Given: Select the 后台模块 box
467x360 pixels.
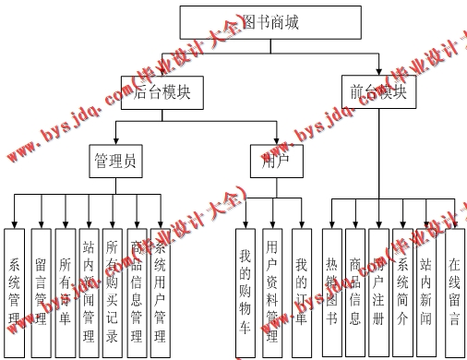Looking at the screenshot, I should tap(162, 93).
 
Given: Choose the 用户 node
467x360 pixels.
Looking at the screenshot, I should tap(264, 162).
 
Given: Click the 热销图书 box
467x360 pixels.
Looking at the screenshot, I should tap(332, 282).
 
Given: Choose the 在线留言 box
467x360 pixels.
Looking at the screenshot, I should tap(452, 282).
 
